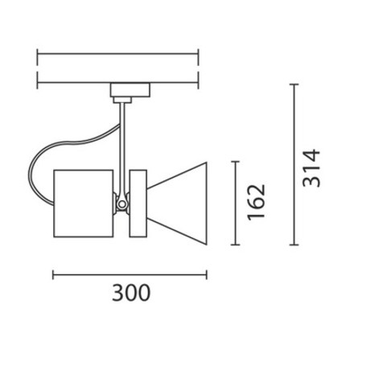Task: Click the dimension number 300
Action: [x=131, y=293]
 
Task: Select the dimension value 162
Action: [x=257, y=203]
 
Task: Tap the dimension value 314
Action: [x=311, y=168]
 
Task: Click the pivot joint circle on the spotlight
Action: [x=122, y=204]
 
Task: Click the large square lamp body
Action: [x=84, y=203]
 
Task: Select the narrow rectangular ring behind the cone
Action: [x=138, y=203]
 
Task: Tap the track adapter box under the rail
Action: [x=130, y=89]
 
